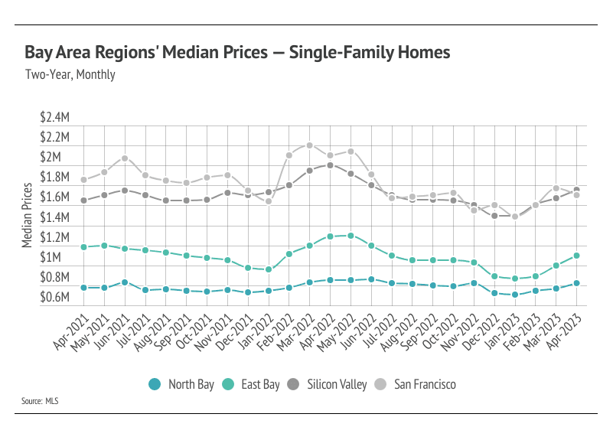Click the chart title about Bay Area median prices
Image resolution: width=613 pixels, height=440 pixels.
point(237,53)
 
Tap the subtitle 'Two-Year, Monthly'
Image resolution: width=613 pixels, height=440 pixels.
point(70,75)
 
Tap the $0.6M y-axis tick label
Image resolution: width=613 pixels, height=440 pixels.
point(55,297)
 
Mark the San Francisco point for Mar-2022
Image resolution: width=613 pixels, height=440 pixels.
point(309,145)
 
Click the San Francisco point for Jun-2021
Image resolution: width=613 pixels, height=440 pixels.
point(125,158)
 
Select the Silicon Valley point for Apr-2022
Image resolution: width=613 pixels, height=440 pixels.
point(330,165)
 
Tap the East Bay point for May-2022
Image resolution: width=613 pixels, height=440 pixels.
point(351,236)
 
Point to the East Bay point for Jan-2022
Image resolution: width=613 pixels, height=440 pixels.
point(269,269)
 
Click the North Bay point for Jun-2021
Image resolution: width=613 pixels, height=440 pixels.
point(125,282)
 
